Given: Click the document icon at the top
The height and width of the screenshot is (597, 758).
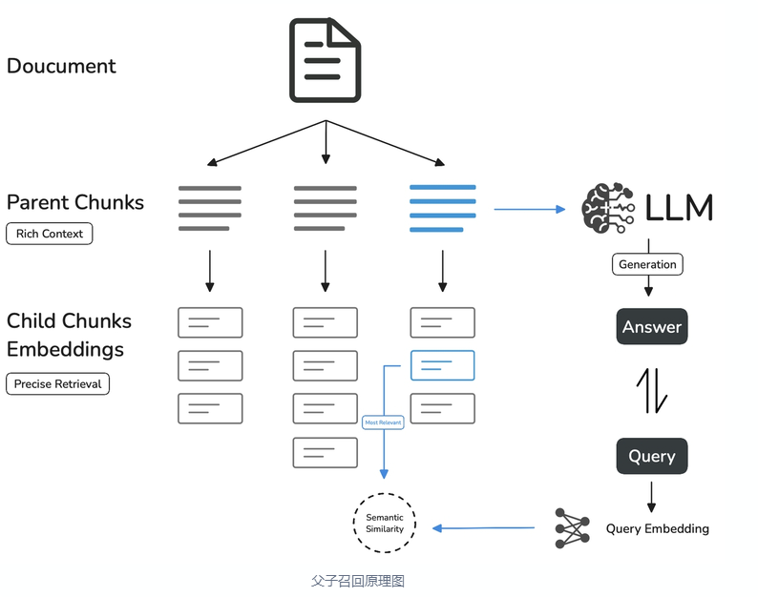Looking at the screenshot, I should (x=325, y=61).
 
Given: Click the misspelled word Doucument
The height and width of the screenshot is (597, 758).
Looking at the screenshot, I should (x=61, y=66).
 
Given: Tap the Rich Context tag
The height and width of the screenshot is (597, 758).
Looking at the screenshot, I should (x=50, y=234).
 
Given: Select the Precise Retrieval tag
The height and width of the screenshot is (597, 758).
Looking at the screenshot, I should (x=58, y=384).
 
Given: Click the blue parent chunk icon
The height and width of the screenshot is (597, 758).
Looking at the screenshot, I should (x=442, y=209).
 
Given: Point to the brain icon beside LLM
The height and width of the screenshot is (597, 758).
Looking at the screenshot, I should (x=607, y=207).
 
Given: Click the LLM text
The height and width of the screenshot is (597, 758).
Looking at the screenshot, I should (x=679, y=207).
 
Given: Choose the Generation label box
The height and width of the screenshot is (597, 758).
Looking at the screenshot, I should (x=647, y=264).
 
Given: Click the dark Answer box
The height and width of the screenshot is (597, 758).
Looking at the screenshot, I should (x=652, y=327).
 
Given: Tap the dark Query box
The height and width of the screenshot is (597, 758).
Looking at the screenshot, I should (x=652, y=456).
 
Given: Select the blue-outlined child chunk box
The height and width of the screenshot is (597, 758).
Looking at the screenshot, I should (x=442, y=365).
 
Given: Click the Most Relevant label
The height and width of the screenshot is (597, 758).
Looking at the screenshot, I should (x=383, y=422).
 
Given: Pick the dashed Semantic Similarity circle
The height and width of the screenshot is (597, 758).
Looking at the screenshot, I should (x=385, y=523).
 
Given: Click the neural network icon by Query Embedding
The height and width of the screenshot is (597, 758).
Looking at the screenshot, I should (x=572, y=527).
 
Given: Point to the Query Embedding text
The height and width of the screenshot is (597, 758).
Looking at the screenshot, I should (x=657, y=528).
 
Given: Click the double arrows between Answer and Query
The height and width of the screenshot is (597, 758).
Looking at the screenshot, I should (x=652, y=391).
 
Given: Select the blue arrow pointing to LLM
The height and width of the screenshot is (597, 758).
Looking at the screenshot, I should (x=530, y=209).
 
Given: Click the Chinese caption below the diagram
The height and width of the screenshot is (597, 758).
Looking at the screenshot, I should (x=358, y=580).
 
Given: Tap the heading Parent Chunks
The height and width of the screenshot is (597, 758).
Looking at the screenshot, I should (x=75, y=202).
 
